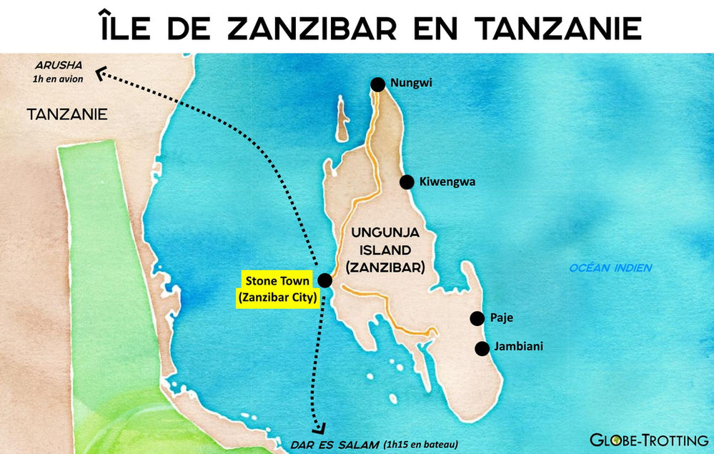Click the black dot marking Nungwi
(x=377, y=84)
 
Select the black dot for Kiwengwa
(x=407, y=182)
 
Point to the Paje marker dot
(x=476, y=318)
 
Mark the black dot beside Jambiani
(x=482, y=348)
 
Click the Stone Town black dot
(x=324, y=280)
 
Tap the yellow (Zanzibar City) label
(x=276, y=298)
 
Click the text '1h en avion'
(x=58, y=79)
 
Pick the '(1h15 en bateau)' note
(x=420, y=444)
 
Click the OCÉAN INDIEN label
(x=610, y=268)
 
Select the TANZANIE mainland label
(x=66, y=114)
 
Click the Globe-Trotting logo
(x=648, y=440)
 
